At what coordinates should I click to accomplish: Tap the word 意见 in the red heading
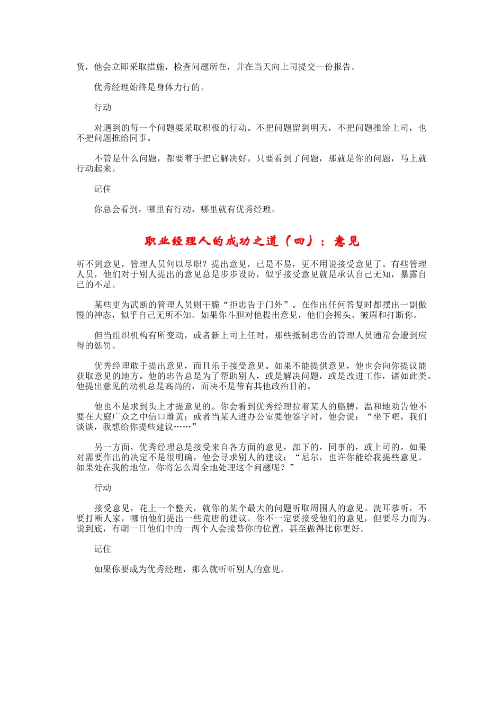347,242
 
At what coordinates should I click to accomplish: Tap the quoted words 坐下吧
388,417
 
